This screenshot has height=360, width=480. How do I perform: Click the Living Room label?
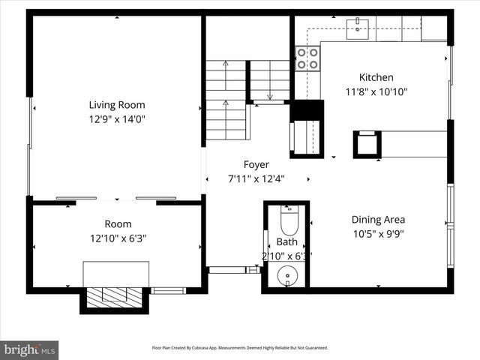pyautogui.click(x=117, y=105)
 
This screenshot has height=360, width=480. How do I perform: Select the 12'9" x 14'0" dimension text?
pyautogui.click(x=117, y=119)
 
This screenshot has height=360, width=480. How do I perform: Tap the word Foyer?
pyautogui.click(x=256, y=164)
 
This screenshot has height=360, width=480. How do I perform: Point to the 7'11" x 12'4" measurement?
pyautogui.click(x=256, y=179)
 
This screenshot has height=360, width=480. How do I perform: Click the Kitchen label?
pyautogui.click(x=376, y=77)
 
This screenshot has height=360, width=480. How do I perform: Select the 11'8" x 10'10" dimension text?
pyautogui.click(x=376, y=92)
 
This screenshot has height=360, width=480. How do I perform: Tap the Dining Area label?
pyautogui.click(x=378, y=220)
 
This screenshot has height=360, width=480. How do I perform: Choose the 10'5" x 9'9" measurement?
pyautogui.click(x=378, y=234)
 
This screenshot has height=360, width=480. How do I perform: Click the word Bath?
pyautogui.click(x=286, y=242)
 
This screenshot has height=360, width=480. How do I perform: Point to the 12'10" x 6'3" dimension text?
pyautogui.click(x=117, y=238)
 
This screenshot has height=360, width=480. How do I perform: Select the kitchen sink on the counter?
pyautogui.click(x=358, y=31)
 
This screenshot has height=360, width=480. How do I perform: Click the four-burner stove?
pyautogui.click(x=307, y=58)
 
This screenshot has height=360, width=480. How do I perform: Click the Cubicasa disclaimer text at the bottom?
pyautogui.click(x=240, y=348)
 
